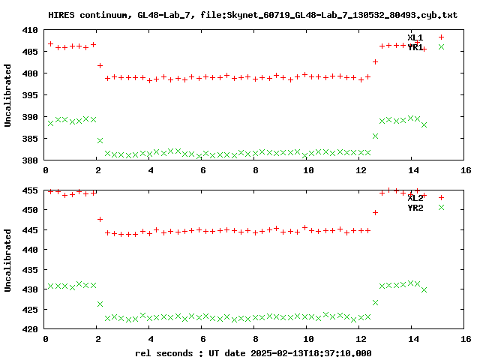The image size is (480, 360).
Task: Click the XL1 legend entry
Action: (415, 37)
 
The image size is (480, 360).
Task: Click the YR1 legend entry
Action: (415, 47)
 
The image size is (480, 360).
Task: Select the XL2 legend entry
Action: (415, 197)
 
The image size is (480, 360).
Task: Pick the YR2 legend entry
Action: (415, 208)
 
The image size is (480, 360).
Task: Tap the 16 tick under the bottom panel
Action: (465, 339)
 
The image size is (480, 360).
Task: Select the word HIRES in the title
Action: (61, 14)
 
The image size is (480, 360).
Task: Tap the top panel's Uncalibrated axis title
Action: (8, 95)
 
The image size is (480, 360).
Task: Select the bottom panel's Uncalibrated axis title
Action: (8, 259)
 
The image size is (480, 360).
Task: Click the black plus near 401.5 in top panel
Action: (100, 66)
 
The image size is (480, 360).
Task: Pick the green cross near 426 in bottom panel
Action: (100, 304)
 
